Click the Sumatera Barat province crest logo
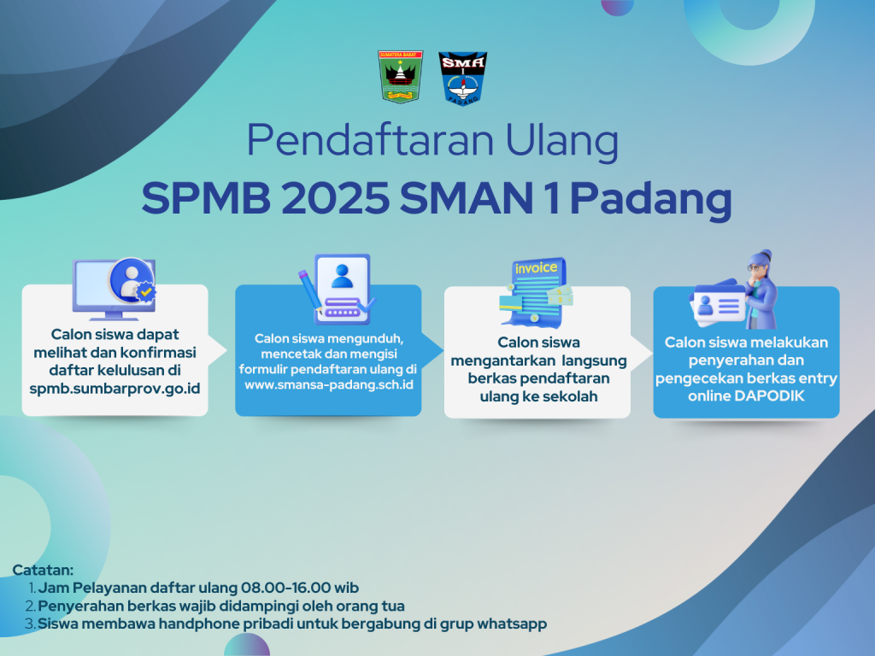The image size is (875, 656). click(401, 77)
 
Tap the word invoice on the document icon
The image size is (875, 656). click(535, 268)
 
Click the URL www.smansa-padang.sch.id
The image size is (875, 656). click(329, 385)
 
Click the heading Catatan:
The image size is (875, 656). click(44, 570)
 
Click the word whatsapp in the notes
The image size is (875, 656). click(509, 624)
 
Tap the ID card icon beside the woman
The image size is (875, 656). click(716, 305)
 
